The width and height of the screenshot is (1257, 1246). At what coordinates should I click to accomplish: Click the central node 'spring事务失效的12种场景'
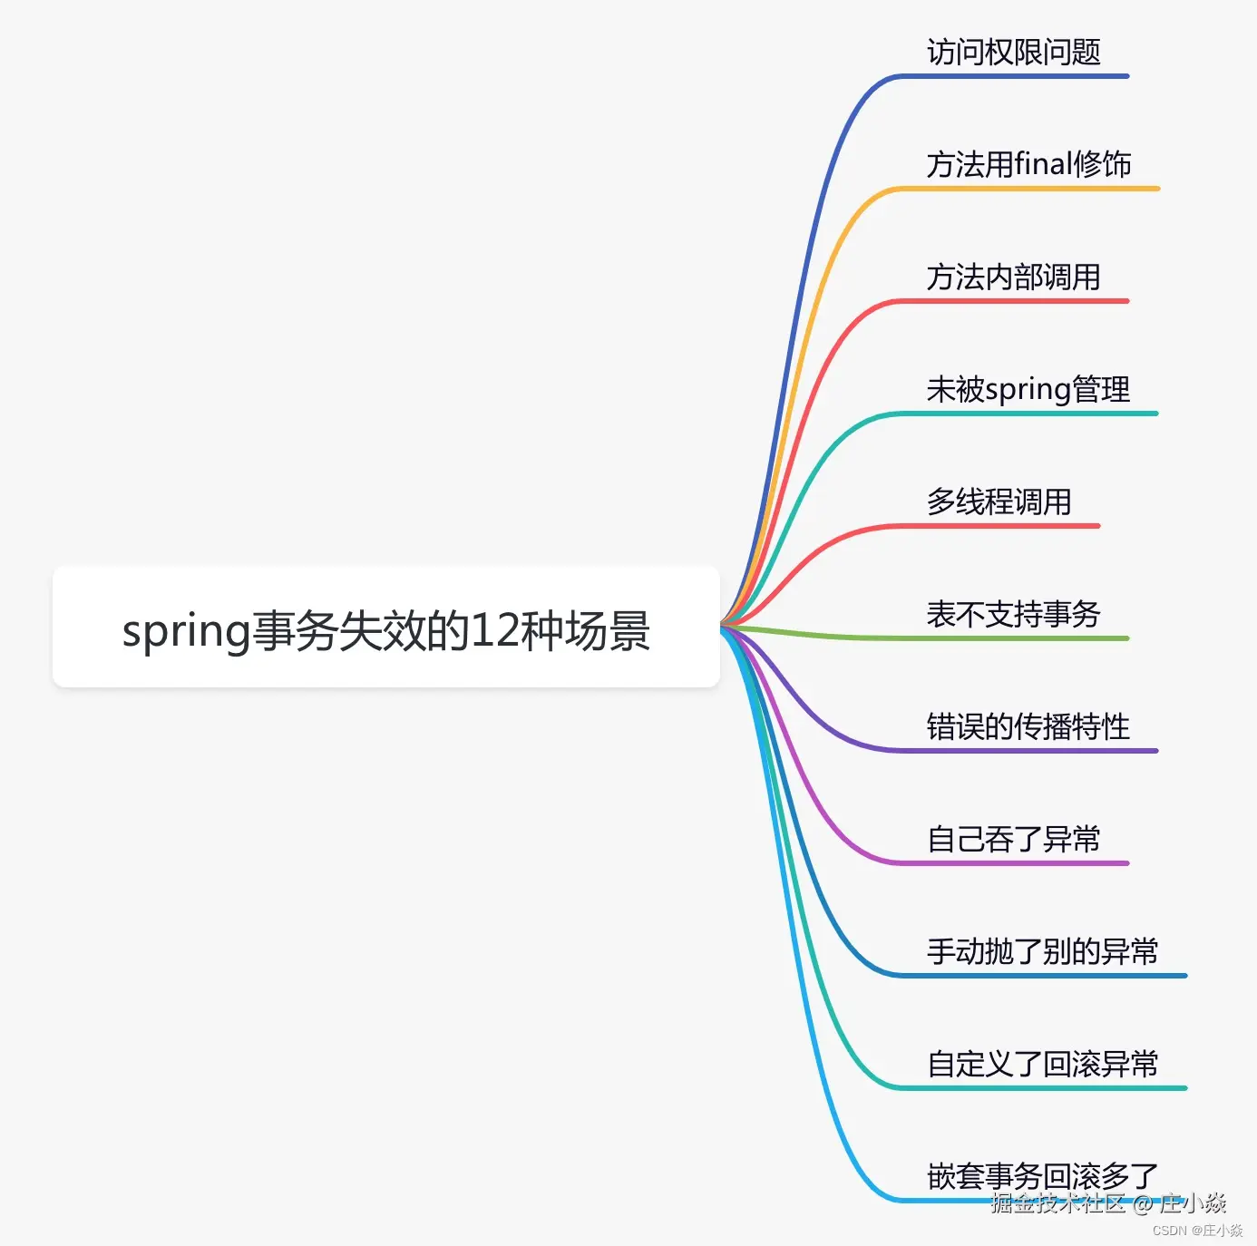pyautogui.click(x=385, y=628)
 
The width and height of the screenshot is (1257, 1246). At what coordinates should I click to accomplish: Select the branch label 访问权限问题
pyautogui.click(x=1013, y=53)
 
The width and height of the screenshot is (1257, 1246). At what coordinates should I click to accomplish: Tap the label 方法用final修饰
pyautogui.click(x=1028, y=165)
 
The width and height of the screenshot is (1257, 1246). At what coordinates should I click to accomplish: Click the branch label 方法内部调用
pyautogui.click(x=1013, y=277)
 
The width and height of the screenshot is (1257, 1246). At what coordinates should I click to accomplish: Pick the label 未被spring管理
pyautogui.click(x=1028, y=390)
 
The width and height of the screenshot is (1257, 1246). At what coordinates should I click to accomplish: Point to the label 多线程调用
pyautogui.click(x=999, y=502)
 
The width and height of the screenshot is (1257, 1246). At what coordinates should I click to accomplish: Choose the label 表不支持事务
pyautogui.click(x=1013, y=615)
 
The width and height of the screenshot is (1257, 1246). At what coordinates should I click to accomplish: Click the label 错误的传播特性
pyautogui.click(x=1028, y=727)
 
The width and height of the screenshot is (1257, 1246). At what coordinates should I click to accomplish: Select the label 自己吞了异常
pyautogui.click(x=1013, y=840)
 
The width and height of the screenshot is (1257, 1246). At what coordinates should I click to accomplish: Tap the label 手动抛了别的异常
pyautogui.click(x=1042, y=952)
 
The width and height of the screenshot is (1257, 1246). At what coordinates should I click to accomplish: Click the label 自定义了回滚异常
pyautogui.click(x=1042, y=1065)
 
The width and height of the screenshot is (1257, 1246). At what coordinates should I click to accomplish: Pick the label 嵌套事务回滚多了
pyautogui.click(x=1042, y=1176)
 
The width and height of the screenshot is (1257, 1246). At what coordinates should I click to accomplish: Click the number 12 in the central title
pyautogui.click(x=494, y=630)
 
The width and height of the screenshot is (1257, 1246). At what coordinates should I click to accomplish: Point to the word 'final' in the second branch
pyautogui.click(x=1043, y=165)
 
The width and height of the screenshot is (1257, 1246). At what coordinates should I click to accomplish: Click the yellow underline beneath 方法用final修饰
pyautogui.click(x=1025, y=189)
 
